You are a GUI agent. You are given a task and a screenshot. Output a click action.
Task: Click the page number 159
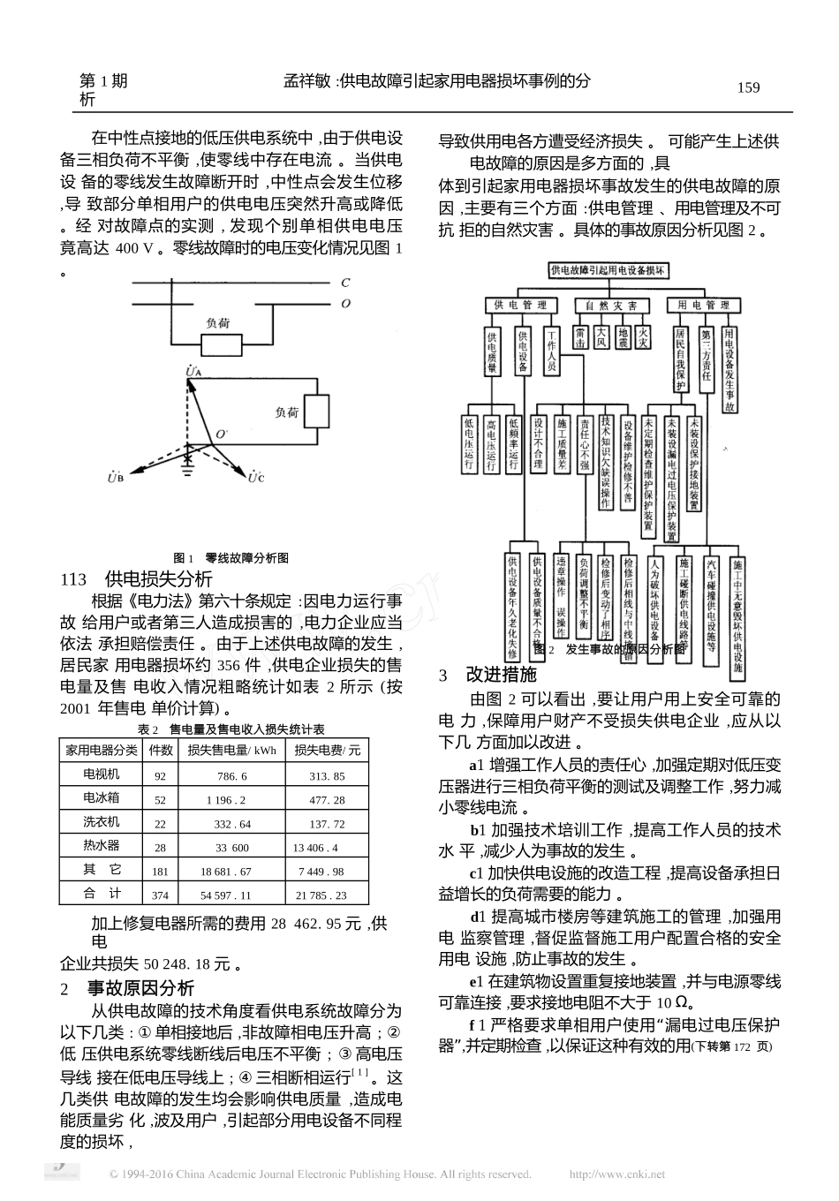pos(747,87)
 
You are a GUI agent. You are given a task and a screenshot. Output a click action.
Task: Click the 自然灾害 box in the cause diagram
pos(611,305)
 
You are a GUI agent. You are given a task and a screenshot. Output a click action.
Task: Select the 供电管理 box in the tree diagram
pos(520,305)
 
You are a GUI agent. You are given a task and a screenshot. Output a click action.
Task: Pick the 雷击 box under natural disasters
pos(580,338)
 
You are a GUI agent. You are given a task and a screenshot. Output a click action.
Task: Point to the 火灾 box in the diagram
pos(644,338)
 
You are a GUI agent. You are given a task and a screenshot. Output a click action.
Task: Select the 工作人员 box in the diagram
pos(551,351)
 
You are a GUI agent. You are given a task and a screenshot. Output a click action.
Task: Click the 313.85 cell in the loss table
pos(327,776)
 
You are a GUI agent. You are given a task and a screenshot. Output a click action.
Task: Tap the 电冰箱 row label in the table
pos(101,798)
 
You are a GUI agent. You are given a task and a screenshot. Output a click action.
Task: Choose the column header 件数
pos(160,751)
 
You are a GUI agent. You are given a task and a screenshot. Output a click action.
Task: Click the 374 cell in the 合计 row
pos(160,895)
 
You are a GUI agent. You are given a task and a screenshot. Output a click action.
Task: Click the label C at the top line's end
pos(344,283)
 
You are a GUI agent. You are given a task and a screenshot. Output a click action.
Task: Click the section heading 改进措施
pos(501,676)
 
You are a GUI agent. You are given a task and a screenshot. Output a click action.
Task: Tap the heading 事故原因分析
pos(140,987)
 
